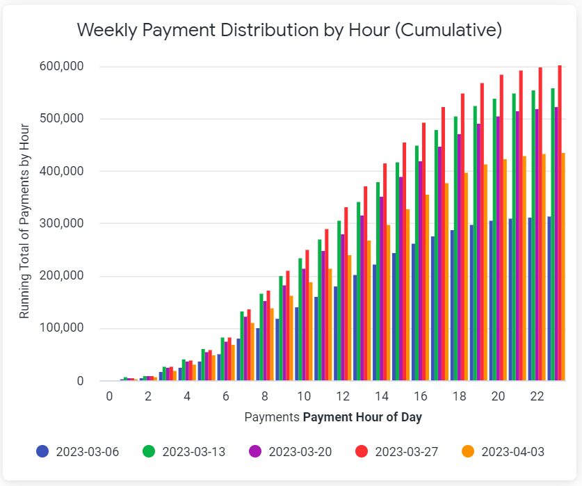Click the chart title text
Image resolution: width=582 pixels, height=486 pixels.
pos(289,30)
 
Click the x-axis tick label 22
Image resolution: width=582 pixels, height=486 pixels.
pos(537,396)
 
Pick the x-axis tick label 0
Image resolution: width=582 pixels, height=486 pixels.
pos(109,396)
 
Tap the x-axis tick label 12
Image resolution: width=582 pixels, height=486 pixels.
pos(343,396)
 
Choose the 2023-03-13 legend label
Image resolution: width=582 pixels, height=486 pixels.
pos(193,451)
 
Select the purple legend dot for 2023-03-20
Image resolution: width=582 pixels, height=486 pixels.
pos(254,451)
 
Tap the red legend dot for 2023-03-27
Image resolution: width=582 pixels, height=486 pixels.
pos(361,451)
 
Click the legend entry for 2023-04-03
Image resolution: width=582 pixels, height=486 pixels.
pos(512,451)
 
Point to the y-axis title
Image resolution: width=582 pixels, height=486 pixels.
pos(25,221)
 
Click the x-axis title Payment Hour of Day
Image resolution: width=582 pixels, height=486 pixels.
pos(362,418)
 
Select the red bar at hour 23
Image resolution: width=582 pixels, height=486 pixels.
pos(560,222)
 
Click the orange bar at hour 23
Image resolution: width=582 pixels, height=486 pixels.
pos(563,267)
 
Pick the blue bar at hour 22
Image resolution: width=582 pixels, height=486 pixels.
pos(530,299)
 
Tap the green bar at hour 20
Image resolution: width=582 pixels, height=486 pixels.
pos(494,240)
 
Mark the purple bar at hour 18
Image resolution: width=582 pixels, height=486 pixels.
pos(459,257)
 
